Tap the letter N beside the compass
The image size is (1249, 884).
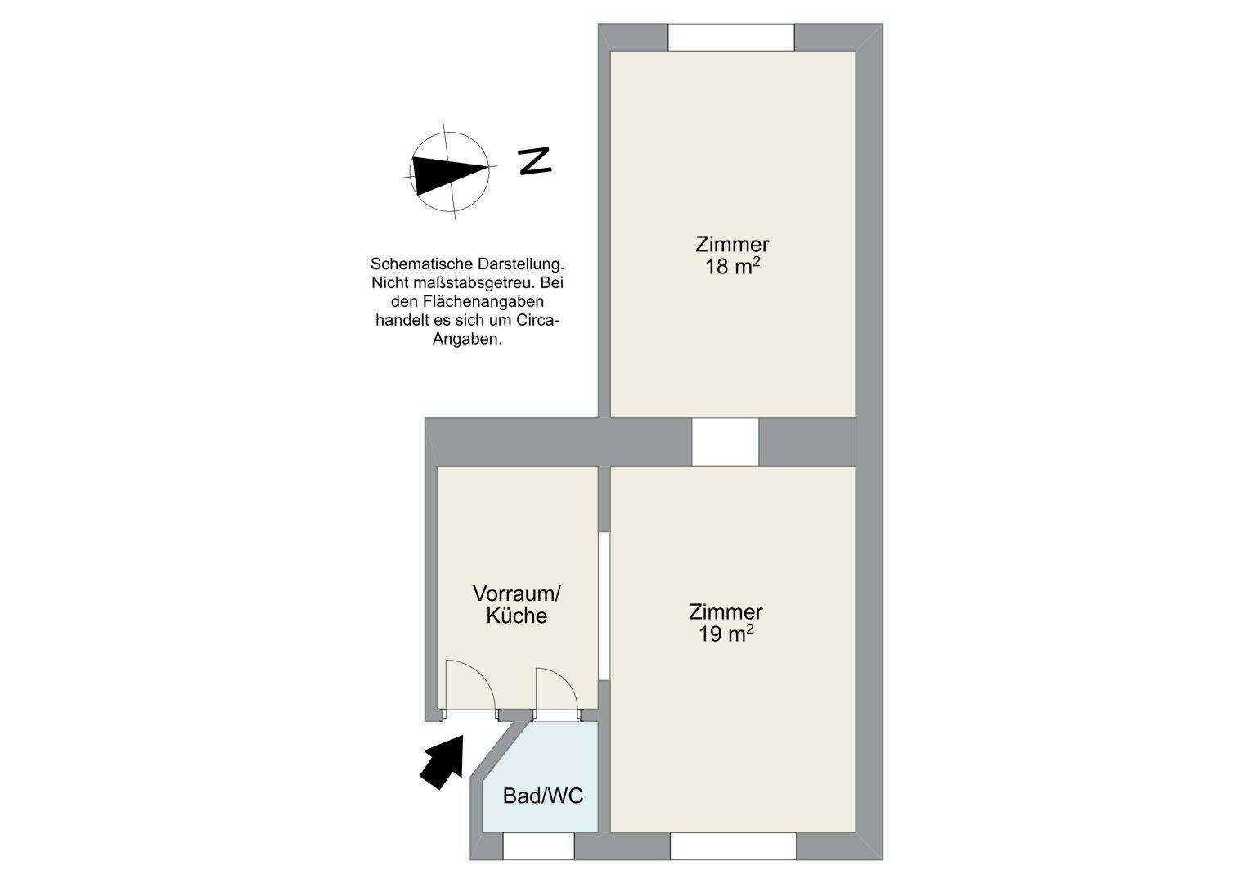pos(535,160)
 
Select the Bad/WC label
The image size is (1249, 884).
pos(542,796)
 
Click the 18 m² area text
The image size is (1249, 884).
pos(733,266)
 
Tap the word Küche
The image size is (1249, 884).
pos(516,616)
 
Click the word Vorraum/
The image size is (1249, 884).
pos(516,593)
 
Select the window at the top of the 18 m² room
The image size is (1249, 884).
pos(731,38)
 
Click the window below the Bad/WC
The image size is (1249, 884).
pos(539,846)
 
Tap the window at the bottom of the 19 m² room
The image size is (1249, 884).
pos(733,846)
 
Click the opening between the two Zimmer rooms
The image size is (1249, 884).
pos(726,441)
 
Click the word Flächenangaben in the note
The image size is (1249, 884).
pos(483,302)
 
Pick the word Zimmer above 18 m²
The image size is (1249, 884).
pos(732,245)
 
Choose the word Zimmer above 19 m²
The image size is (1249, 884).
pos(726,611)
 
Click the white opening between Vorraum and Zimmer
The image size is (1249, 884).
pos(604,606)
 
